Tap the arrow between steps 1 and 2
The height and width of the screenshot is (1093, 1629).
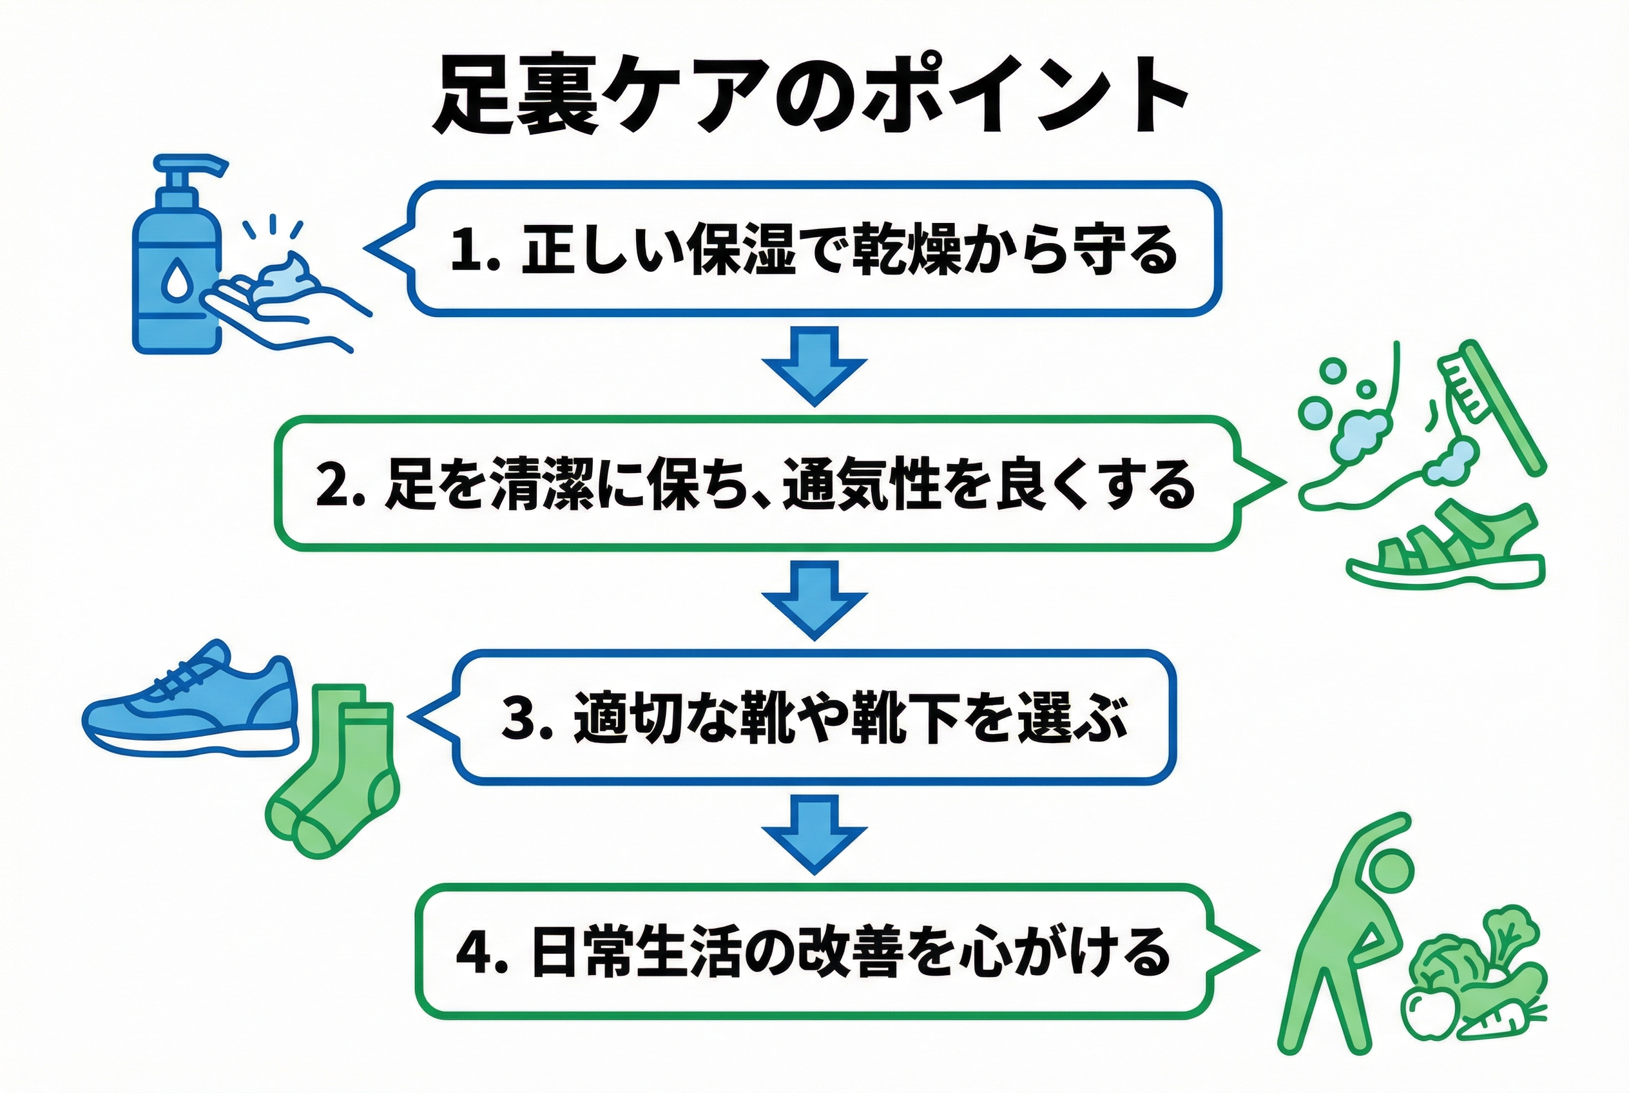coord(814,366)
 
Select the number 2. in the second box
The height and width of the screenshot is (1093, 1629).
coord(340,484)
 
